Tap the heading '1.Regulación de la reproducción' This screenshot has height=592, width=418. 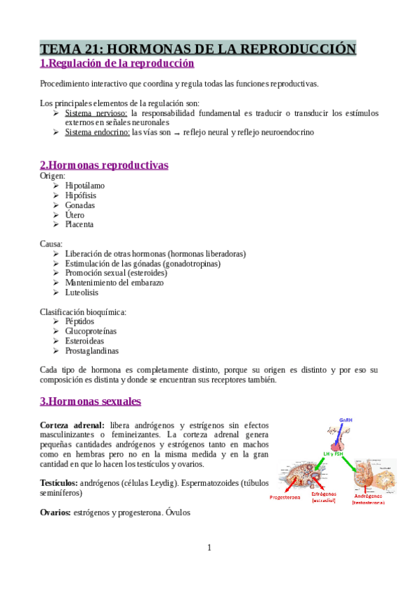pos(117,64)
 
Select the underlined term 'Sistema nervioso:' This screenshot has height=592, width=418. pos(96,112)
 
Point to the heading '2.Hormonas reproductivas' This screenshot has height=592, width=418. pos(104,165)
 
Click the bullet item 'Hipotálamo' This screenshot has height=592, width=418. pos(84,186)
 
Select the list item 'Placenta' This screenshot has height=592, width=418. pos(79,225)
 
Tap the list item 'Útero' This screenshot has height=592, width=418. pos(75,215)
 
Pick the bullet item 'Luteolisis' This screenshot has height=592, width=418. pos(81,293)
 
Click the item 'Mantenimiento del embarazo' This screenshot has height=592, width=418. pos(114,283)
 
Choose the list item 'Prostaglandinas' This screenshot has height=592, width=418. pos(91,351)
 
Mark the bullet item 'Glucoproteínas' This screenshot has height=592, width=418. pos(91,332)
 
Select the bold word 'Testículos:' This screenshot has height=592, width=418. pos(59,482)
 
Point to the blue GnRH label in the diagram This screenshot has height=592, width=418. pos(346,420)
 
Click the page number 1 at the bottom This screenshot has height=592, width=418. pos(209,547)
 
